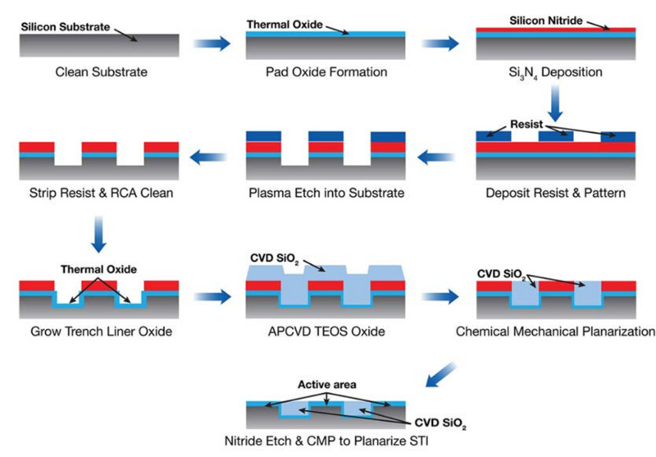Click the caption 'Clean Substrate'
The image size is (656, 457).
(102, 72)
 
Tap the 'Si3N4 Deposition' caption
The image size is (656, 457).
(555, 72)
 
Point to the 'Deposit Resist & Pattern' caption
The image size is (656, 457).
(557, 195)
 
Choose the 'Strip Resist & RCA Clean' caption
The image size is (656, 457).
(98, 195)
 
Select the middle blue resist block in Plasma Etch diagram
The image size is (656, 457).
(326, 135)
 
